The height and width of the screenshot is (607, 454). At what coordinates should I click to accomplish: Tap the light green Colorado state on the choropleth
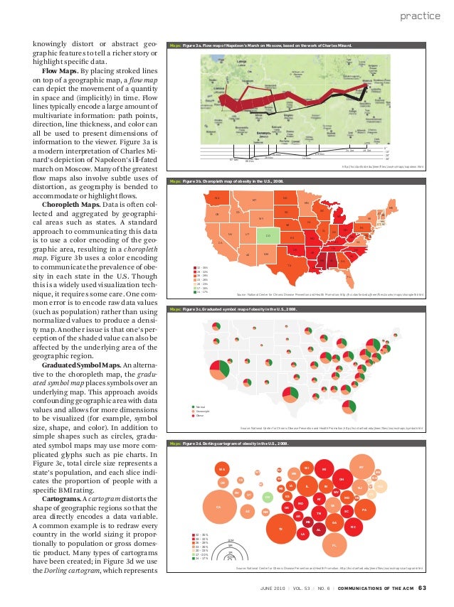click(268, 235)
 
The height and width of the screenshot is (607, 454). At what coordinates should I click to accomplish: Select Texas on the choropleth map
click(289, 265)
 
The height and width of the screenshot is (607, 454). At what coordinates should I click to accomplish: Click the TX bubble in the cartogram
click(280, 529)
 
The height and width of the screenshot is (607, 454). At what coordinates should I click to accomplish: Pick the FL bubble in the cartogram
click(334, 545)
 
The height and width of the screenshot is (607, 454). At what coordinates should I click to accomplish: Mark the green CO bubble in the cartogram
click(268, 497)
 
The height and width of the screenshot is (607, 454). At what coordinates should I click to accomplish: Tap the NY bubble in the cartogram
click(361, 467)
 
